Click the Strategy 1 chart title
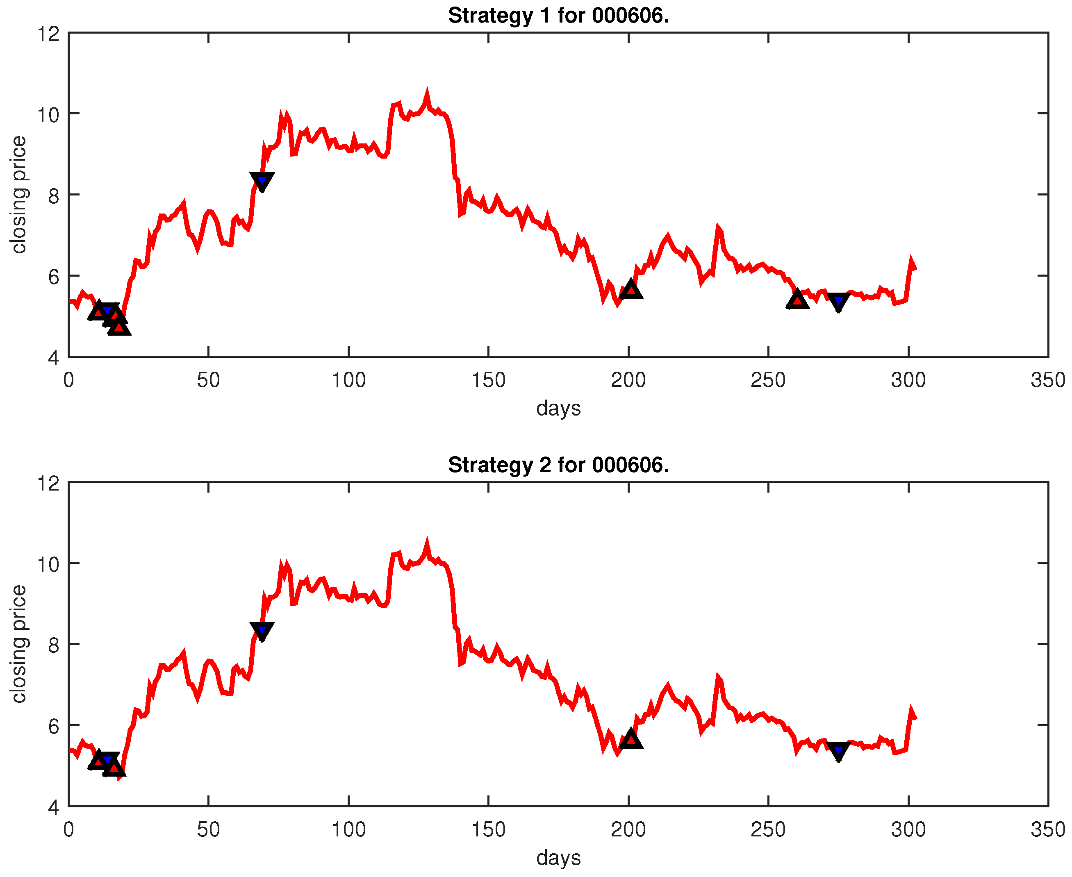pos(558,16)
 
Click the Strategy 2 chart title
pos(558,465)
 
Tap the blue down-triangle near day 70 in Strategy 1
pos(262,180)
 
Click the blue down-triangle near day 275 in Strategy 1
pos(838,301)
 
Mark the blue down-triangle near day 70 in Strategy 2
pos(262,630)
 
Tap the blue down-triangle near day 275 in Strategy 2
pos(838,750)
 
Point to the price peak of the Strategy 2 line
pos(427,543)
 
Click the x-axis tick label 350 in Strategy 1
pos(1048,380)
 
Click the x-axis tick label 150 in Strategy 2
pos(488,829)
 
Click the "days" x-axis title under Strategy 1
pos(558,408)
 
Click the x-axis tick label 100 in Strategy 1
pos(348,380)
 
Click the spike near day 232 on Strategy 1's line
pos(718,228)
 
